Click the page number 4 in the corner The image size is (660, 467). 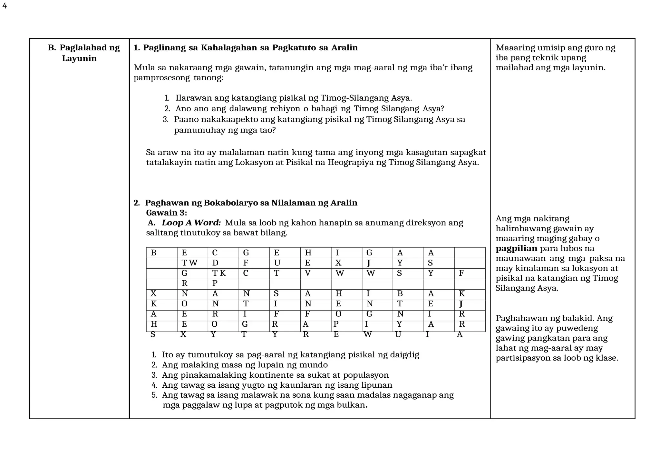(x=5, y=6)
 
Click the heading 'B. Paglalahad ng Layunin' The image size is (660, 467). (x=83, y=53)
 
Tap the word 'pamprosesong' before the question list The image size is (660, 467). (x=162, y=78)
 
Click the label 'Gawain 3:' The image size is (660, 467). (x=166, y=213)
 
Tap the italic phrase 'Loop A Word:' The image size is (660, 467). (x=191, y=223)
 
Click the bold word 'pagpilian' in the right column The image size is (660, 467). (x=516, y=249)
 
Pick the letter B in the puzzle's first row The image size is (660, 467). (x=153, y=253)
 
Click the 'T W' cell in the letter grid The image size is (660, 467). (x=189, y=263)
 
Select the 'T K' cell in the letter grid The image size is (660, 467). (x=219, y=273)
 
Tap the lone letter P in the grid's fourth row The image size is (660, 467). (x=215, y=283)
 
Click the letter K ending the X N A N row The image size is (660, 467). (x=461, y=294)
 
